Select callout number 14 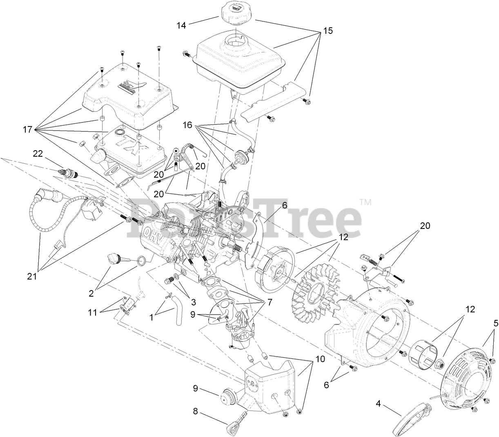[x=181, y=26]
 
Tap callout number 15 [x=328, y=31]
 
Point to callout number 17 [x=28, y=130]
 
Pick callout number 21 [x=32, y=276]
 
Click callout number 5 [x=496, y=323]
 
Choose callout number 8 [x=195, y=412]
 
